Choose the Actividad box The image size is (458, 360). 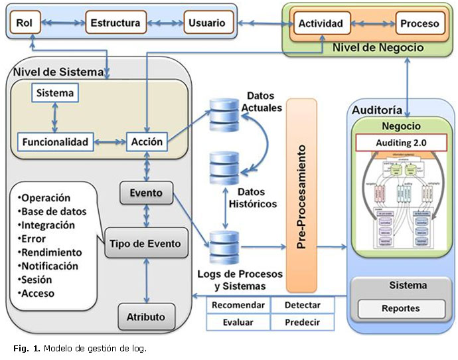(x=321, y=24)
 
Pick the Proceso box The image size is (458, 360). (x=420, y=24)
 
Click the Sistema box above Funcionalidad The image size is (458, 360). (x=56, y=93)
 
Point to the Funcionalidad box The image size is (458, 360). (x=55, y=141)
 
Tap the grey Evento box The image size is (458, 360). (x=146, y=193)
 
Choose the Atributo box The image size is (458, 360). (x=146, y=316)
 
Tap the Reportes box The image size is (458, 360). (x=400, y=309)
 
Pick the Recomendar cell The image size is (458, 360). (x=238, y=305)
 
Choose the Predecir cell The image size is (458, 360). (x=302, y=322)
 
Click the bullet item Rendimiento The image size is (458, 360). (x=51, y=252)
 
